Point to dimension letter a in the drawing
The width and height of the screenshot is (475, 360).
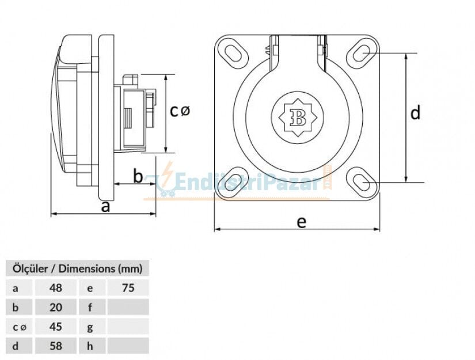105,206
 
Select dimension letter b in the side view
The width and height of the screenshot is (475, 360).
138,176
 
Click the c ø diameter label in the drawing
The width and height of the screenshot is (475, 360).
179,111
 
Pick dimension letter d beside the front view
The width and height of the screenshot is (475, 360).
415,113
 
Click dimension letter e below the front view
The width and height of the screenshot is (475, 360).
301,222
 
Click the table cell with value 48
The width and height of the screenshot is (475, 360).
56,287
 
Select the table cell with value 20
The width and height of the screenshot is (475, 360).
56,307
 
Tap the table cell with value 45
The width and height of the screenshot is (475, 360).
56,327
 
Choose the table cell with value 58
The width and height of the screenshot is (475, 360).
56,346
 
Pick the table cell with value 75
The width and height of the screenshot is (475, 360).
128,287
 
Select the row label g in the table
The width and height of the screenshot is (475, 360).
90,327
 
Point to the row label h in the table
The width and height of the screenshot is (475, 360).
90,346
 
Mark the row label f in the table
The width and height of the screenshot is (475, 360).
90,307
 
